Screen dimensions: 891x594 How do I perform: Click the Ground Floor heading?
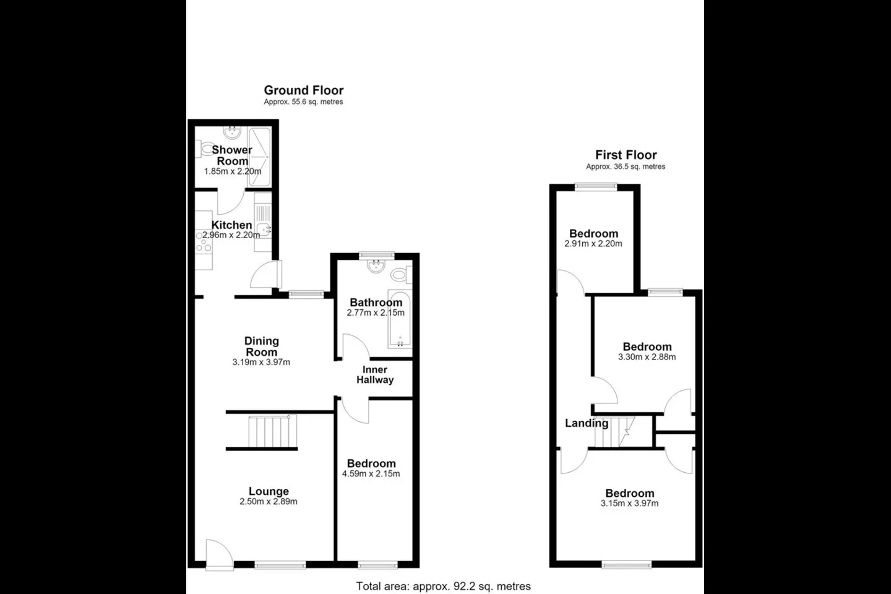coord(303,90)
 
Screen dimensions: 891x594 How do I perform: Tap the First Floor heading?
coord(626,155)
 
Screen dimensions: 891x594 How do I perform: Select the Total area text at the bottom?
coord(443,586)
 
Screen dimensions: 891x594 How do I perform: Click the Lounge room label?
coord(269,491)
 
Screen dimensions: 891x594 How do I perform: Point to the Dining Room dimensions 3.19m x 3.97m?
coord(261,363)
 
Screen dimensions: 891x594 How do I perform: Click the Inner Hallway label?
coord(375,375)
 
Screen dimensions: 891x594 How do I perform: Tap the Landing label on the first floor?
coord(587,423)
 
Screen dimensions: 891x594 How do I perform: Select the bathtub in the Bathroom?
coord(400,318)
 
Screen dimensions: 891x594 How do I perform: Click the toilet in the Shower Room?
coord(204,148)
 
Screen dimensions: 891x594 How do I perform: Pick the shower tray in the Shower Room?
coord(260,157)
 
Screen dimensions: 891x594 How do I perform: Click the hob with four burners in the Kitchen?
coord(203,241)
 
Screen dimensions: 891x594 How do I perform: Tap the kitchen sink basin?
coord(264,230)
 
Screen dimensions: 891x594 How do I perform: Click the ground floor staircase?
coord(272,432)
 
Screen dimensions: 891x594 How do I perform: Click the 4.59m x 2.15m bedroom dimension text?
coord(371,474)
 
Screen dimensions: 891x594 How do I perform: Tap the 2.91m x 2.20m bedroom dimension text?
coord(593,244)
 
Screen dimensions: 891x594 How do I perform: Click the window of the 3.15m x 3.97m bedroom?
coord(626,564)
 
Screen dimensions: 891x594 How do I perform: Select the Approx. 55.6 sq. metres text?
coord(303,102)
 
